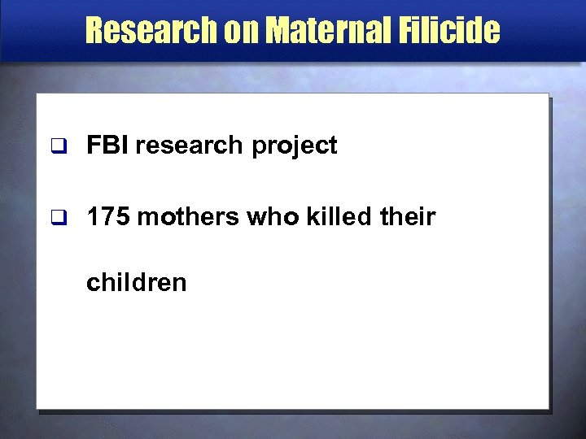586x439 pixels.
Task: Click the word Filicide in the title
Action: point(454,31)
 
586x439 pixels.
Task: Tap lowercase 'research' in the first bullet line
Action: point(189,146)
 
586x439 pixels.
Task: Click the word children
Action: point(137,282)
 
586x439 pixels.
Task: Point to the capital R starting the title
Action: point(95,31)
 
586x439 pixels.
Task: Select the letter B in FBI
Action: point(109,146)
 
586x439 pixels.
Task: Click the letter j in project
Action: point(295,147)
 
